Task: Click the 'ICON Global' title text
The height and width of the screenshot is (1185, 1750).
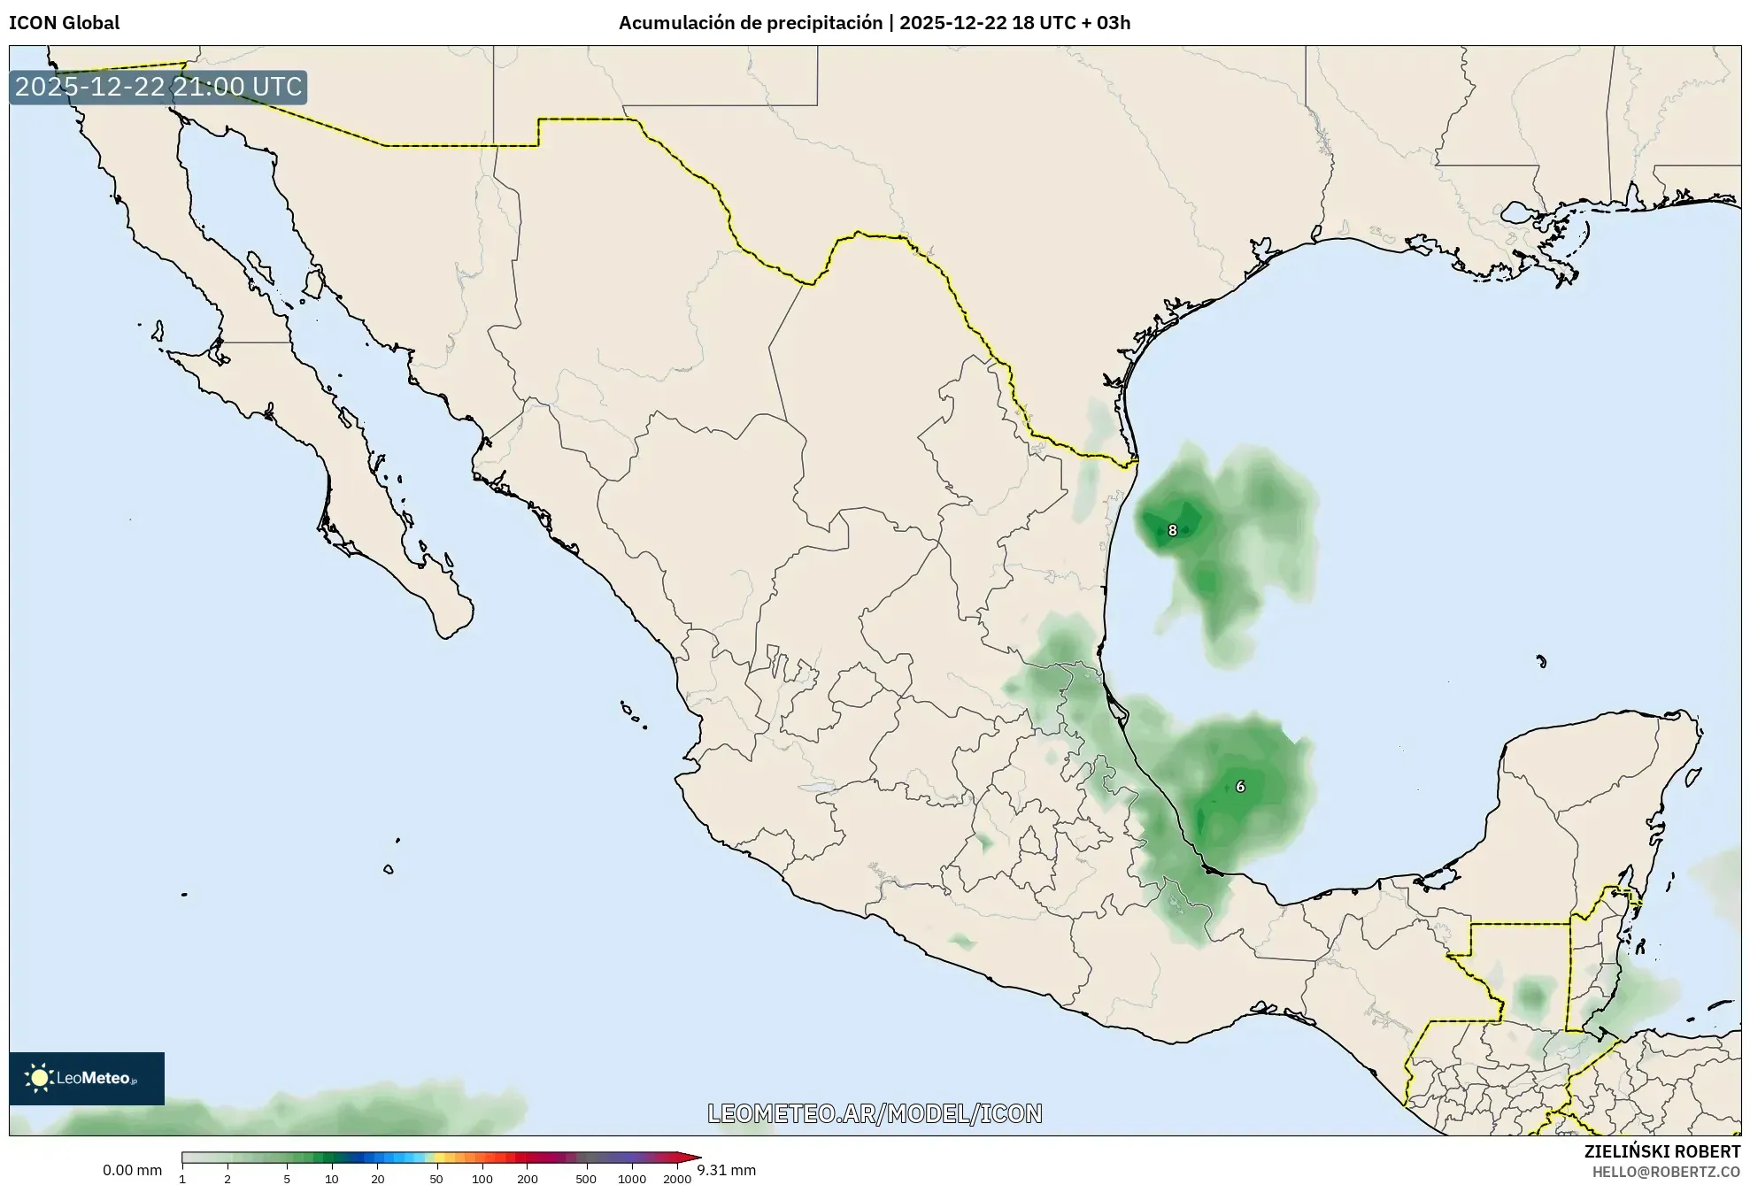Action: coord(64,23)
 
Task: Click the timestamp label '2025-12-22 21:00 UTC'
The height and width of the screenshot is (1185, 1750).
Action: coord(158,87)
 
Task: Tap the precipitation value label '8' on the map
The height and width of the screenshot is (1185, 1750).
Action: coord(1172,531)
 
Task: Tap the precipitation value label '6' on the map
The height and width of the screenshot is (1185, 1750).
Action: coord(1240,787)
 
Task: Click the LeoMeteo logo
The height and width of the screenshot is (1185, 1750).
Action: coord(87,1078)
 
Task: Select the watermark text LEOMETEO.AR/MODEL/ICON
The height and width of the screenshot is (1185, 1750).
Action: coord(875,1113)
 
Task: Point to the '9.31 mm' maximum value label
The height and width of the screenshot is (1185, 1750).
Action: coord(726,1170)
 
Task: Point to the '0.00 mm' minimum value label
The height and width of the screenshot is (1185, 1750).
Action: coord(132,1170)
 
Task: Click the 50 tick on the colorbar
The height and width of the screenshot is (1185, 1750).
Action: coord(436,1179)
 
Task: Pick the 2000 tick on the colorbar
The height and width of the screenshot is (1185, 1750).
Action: coord(677,1179)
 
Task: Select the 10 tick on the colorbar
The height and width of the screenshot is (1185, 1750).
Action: coord(331,1179)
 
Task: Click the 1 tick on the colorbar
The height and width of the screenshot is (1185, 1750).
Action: coord(182,1179)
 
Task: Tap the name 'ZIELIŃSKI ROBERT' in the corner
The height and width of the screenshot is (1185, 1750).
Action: coord(1661,1151)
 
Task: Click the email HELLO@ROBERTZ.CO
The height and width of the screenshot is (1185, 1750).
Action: coord(1666,1172)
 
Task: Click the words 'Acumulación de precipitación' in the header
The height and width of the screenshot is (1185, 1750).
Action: coord(750,23)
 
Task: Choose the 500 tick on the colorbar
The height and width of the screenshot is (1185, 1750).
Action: coord(586,1179)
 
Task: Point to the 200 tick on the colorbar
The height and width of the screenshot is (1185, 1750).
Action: coord(528,1179)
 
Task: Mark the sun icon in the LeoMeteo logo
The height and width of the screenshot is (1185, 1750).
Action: coord(39,1078)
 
